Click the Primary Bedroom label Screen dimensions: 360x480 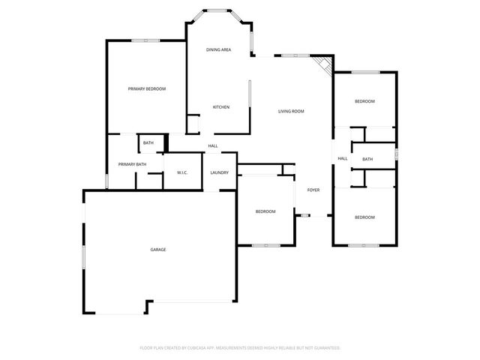(x=146, y=89)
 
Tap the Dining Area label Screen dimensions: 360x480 (x=218, y=49)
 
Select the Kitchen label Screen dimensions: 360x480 (x=220, y=107)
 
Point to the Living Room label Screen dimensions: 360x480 (x=291, y=112)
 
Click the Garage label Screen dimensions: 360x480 (x=157, y=250)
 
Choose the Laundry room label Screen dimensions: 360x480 (x=220, y=173)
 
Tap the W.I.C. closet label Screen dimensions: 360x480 (x=182, y=173)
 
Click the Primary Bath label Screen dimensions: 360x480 (x=132, y=164)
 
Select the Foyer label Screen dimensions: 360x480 (x=313, y=190)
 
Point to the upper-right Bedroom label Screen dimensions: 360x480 (x=364, y=101)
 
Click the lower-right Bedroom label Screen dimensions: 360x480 (x=364, y=217)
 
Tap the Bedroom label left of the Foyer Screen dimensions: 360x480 (x=265, y=211)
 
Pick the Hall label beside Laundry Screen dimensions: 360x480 (x=213, y=145)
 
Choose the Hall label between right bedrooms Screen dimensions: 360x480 (x=343, y=158)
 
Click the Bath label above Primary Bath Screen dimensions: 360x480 (x=148, y=142)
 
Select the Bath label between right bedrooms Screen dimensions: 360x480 (x=367, y=159)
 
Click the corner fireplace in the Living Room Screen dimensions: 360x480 (x=324, y=64)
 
